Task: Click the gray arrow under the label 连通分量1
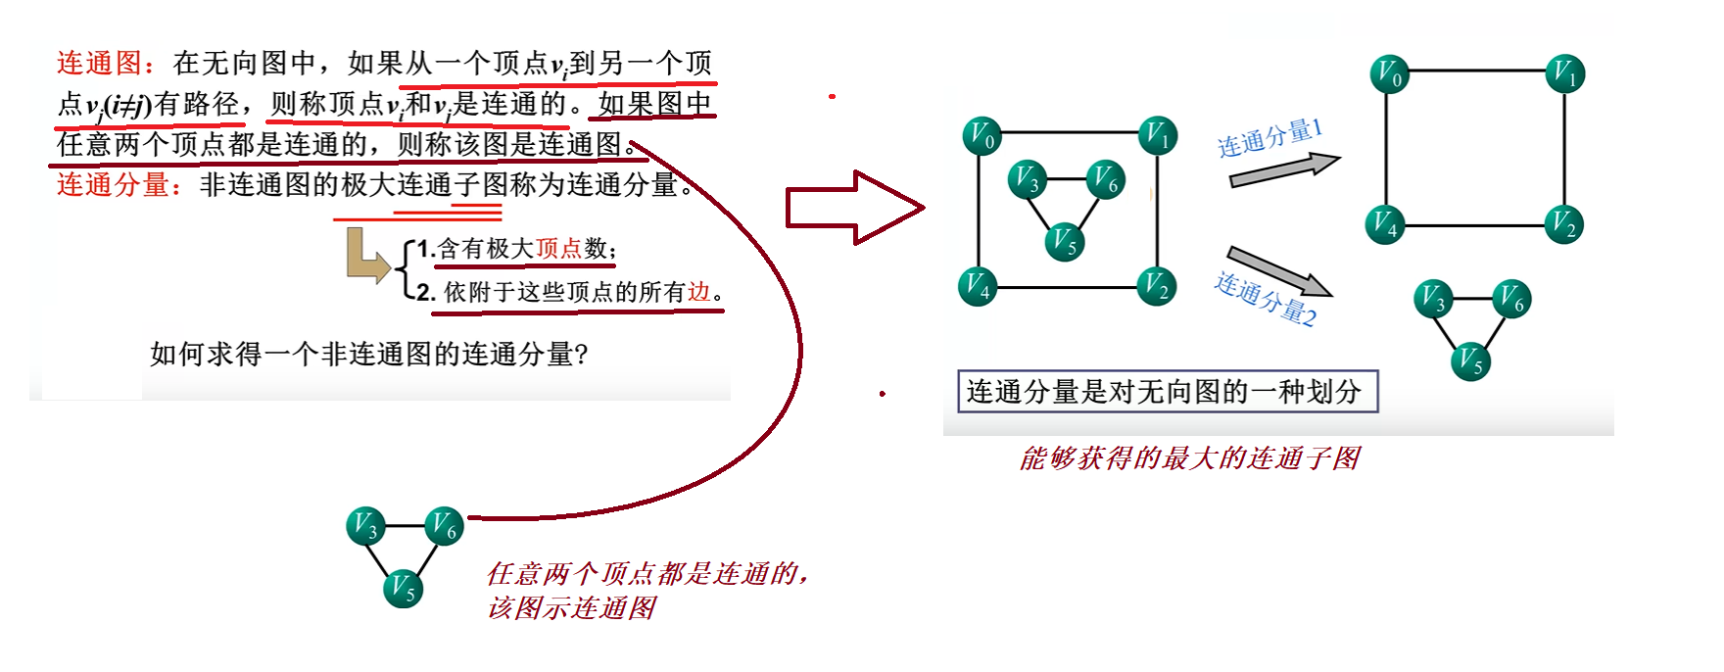(1283, 171)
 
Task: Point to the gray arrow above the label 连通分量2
(1278, 270)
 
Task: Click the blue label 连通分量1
(1269, 138)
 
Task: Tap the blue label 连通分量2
(1266, 299)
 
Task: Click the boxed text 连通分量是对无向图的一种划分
(1167, 392)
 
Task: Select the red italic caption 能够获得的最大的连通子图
(1189, 458)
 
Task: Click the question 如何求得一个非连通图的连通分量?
(368, 354)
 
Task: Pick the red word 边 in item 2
(698, 292)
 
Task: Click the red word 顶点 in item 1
(558, 249)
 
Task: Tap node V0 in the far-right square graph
(1389, 73)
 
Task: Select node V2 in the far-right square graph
(1564, 225)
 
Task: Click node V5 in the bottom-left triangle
(403, 588)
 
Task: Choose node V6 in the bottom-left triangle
(444, 527)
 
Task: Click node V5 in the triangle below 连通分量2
(1470, 360)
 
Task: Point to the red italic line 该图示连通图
(571, 608)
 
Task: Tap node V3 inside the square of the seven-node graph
(1027, 179)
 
